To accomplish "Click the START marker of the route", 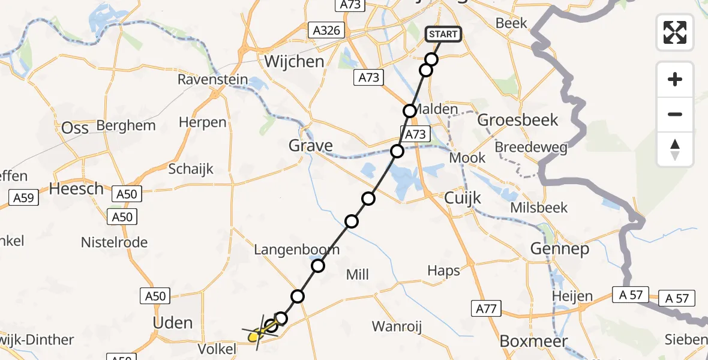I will coord(443,34).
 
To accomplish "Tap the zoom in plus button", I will coord(675,79).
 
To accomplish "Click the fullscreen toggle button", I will coord(675,32).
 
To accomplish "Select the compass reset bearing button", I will coord(675,149).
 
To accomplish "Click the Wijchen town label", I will coord(294,61).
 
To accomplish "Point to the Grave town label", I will coord(311,145).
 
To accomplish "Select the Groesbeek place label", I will coord(518,120).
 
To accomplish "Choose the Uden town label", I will coord(173,323).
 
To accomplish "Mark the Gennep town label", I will coord(560,248).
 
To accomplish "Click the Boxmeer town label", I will coord(533,341).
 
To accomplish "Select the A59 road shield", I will coord(25,197).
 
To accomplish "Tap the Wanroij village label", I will coord(397,326).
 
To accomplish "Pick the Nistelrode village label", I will coord(114,242).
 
